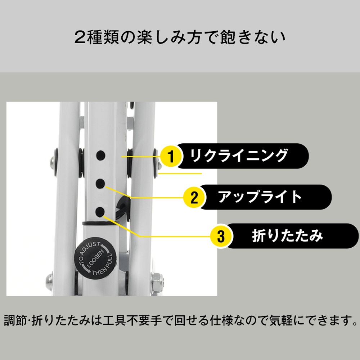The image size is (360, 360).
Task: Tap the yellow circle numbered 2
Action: pos(194,198)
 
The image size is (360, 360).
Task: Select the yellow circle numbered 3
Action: pos(221,236)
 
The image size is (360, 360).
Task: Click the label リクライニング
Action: pos(239,156)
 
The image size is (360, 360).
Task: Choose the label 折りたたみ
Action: pos(287,236)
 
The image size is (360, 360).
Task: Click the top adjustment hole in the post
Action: pos(100,156)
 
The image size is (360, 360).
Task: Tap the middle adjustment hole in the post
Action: pos(100,184)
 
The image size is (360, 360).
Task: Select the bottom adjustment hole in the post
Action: pos(100,211)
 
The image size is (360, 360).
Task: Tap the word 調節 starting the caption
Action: pos(15,320)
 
